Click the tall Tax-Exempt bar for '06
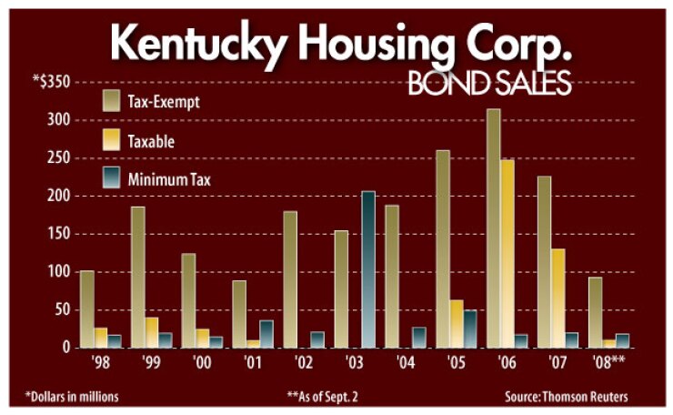(x=494, y=228)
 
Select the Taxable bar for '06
(x=507, y=254)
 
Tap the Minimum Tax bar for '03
(x=367, y=269)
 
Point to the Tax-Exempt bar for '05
(x=443, y=248)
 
